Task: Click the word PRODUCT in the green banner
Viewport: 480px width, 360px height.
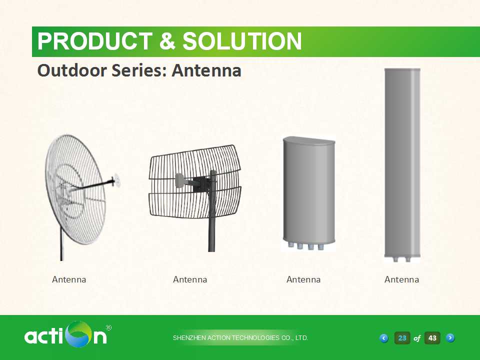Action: click(x=95, y=41)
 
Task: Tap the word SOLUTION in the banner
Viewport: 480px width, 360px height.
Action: click(x=242, y=41)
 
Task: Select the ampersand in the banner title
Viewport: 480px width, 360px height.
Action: click(x=167, y=41)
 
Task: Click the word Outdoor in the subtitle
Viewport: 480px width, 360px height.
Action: click(x=72, y=70)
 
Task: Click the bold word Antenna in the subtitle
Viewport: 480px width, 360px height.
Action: click(x=206, y=70)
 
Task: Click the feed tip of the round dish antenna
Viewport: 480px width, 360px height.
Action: click(x=116, y=181)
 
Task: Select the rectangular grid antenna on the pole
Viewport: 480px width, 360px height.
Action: click(x=195, y=190)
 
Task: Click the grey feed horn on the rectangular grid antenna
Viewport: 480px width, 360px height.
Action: click(x=179, y=180)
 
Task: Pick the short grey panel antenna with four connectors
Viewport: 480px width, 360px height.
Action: click(x=309, y=193)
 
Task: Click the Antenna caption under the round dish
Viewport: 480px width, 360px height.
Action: click(x=69, y=279)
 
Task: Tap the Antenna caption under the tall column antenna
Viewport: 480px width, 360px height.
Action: click(x=401, y=279)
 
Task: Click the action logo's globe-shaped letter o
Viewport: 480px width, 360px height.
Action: click(x=79, y=334)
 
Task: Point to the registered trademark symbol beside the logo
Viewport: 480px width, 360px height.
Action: click(x=108, y=328)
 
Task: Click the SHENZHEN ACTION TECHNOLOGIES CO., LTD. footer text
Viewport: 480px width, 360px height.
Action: click(x=240, y=338)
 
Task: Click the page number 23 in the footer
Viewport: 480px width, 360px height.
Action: click(x=402, y=338)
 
